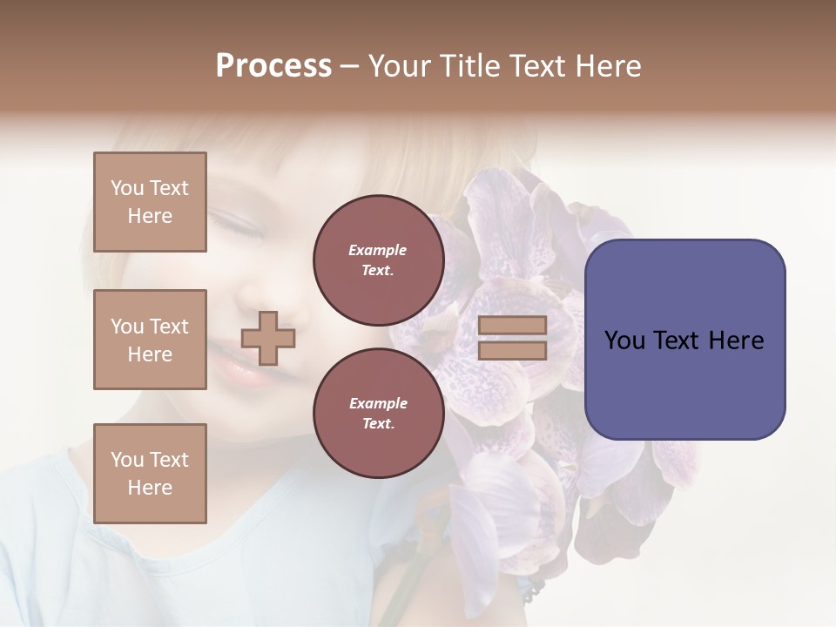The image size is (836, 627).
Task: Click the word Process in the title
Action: tap(273, 66)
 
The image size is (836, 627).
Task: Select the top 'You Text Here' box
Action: tap(150, 202)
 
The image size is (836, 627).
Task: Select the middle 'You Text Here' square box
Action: tap(150, 340)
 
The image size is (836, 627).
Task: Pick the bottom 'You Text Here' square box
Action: tap(150, 474)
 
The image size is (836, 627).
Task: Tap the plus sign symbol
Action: tap(268, 338)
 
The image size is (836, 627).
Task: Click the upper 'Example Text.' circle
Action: tap(378, 260)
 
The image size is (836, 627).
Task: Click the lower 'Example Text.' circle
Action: tap(378, 413)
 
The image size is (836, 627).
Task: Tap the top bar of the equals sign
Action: tap(512, 325)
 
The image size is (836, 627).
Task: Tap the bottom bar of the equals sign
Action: tap(512, 350)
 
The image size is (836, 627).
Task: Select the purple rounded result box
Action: tap(684, 339)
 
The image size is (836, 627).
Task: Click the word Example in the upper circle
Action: tap(378, 250)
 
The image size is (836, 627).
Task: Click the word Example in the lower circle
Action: tap(378, 403)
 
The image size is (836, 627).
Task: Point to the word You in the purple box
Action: tap(624, 340)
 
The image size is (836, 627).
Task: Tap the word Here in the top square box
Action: tap(150, 216)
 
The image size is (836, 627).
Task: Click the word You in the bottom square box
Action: tap(126, 460)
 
